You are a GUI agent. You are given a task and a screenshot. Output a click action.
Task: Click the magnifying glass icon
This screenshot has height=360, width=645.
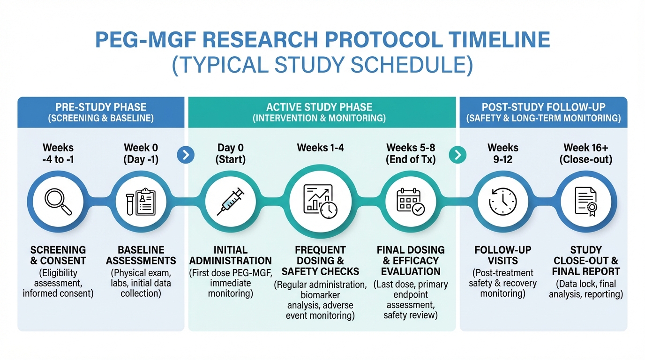tap(58, 202)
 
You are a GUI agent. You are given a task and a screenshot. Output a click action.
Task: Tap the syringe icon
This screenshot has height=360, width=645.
tap(230, 202)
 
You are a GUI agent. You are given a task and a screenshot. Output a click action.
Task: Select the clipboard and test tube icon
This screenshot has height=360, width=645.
tap(141, 202)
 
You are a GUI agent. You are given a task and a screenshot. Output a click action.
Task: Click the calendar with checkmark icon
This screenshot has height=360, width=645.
tap(411, 202)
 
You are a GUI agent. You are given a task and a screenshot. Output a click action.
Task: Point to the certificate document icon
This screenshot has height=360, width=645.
tap(586, 202)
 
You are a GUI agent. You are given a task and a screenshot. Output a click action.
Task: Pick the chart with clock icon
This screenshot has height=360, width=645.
tap(320, 202)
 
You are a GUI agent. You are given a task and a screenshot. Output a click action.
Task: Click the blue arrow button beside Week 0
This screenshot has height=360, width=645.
tap(186, 155)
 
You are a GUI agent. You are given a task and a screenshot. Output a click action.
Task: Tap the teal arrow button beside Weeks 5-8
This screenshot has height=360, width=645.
tap(457, 155)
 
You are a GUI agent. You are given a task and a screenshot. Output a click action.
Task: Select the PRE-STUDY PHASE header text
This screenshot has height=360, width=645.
tap(101, 107)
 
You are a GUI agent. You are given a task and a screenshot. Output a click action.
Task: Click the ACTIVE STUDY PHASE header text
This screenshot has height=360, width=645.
tap(319, 107)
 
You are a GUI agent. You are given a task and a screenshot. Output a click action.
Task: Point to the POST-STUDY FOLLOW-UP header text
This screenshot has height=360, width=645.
tap(544, 107)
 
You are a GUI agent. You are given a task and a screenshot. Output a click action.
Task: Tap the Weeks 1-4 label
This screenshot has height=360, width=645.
tap(321, 148)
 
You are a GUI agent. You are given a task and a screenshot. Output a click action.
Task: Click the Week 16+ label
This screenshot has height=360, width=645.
tap(585, 148)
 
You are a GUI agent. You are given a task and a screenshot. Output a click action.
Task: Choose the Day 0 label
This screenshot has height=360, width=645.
tap(230, 148)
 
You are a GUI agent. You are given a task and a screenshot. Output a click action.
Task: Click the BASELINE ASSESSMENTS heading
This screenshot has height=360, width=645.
tap(141, 255)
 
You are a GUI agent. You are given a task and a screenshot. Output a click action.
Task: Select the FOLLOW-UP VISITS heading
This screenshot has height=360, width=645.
tap(503, 255)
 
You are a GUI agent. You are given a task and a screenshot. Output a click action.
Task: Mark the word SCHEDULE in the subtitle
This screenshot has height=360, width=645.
tap(412, 65)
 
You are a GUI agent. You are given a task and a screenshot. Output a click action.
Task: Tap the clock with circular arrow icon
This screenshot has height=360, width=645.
tap(503, 202)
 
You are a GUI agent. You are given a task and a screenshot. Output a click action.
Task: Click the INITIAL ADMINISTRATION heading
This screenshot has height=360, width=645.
tap(230, 255)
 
